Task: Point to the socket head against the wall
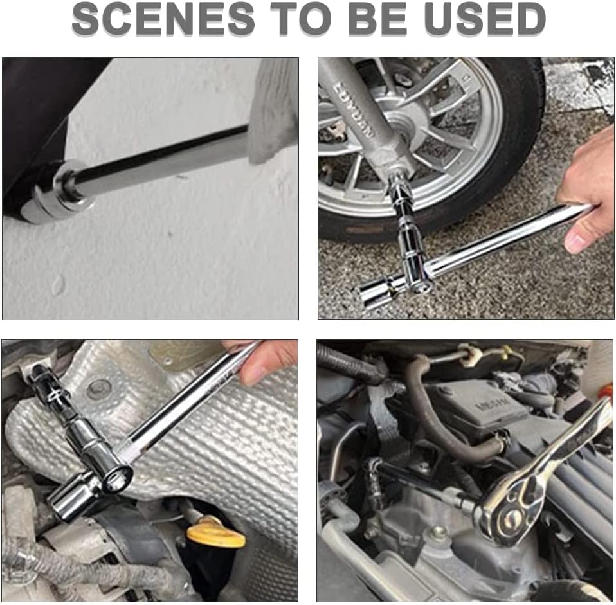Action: pyautogui.click(x=61, y=193)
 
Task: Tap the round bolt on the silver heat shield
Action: pyautogui.click(x=98, y=388)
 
